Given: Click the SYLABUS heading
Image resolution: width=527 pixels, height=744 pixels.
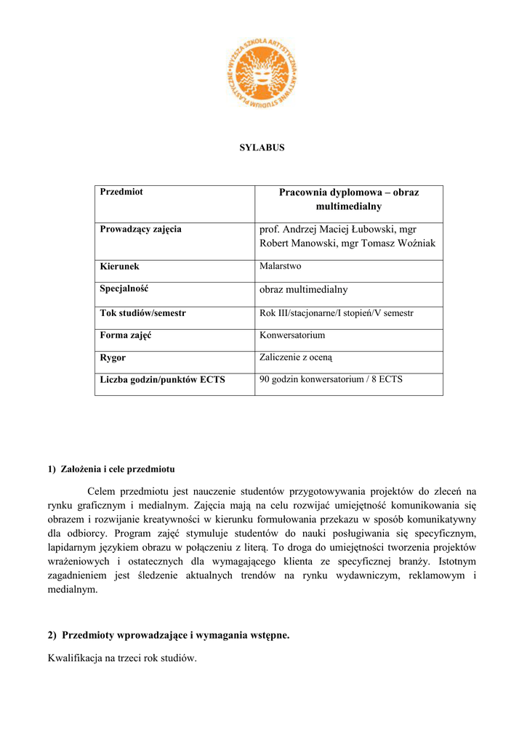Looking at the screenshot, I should [x=262, y=147].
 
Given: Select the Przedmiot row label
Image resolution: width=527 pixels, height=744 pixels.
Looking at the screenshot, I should [x=121, y=192].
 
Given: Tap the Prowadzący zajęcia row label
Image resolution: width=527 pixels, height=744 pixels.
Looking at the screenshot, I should [x=140, y=230].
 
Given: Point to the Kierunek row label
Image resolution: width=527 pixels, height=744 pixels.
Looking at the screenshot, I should [x=119, y=267].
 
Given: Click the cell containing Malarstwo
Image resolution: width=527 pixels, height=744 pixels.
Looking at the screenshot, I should [x=281, y=267].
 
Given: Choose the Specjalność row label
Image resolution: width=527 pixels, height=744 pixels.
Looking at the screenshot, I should [x=124, y=289].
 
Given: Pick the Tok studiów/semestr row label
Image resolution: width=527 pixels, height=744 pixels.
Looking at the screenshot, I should [x=142, y=313].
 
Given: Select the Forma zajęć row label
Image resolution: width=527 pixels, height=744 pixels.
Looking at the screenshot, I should [x=126, y=336].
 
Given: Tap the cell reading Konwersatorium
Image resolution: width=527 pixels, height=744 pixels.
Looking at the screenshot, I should [x=292, y=336].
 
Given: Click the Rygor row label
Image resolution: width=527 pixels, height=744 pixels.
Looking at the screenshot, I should [x=113, y=357].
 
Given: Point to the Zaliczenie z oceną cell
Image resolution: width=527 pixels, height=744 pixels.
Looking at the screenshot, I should [x=296, y=357].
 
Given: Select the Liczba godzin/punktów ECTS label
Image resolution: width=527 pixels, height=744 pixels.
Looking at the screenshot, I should [x=162, y=379].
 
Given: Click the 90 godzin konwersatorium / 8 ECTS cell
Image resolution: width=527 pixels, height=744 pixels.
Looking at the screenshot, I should [x=331, y=379].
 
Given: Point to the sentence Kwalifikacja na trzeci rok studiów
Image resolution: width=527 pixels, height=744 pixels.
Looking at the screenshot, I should [x=122, y=659].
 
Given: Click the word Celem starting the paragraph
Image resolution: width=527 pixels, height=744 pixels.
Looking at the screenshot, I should [x=101, y=491].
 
